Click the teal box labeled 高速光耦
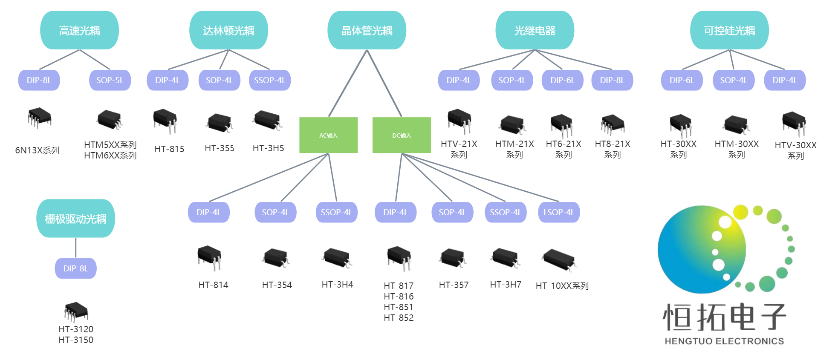click(x=79, y=30)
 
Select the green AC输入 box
click(x=328, y=135)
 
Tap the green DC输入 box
click(x=402, y=135)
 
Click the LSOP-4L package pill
click(x=558, y=212)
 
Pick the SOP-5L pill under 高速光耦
click(x=110, y=80)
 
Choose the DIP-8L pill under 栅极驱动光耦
click(x=75, y=268)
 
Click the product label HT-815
click(x=169, y=149)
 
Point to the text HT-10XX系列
click(x=562, y=286)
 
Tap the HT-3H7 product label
click(x=506, y=285)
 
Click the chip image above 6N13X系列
click(x=39, y=118)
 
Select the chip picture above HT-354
click(x=276, y=258)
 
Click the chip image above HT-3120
click(x=76, y=312)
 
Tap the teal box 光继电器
click(x=535, y=30)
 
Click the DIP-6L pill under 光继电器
click(x=562, y=80)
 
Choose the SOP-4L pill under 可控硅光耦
click(x=734, y=80)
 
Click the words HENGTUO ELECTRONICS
click(x=724, y=341)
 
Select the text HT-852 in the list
click(x=399, y=318)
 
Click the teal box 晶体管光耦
click(x=367, y=30)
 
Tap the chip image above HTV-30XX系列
click(x=794, y=123)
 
